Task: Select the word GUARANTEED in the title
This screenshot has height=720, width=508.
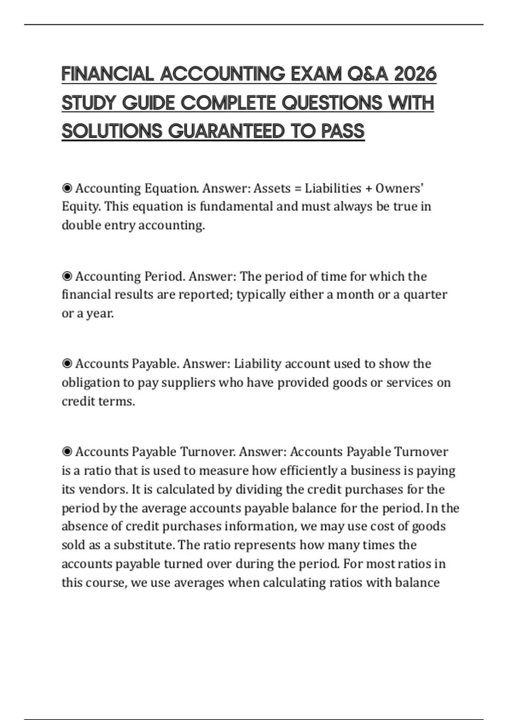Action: [x=226, y=131]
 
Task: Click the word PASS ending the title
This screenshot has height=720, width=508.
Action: [x=343, y=131]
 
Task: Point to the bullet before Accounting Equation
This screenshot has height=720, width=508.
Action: [x=67, y=188]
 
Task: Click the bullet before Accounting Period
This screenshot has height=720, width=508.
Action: [x=67, y=276]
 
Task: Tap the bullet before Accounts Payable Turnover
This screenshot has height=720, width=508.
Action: [x=67, y=451]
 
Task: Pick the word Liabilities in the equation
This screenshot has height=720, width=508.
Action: [x=333, y=188]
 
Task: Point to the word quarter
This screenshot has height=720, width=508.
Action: [x=425, y=295]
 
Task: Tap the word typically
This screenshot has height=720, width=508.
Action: [x=261, y=295]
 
